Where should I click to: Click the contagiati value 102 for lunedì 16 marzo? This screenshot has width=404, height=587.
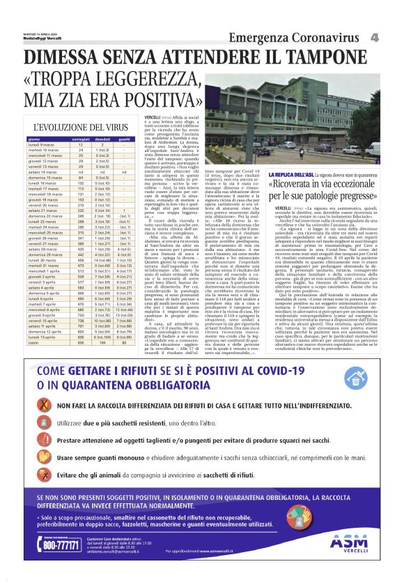click(80, 182)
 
